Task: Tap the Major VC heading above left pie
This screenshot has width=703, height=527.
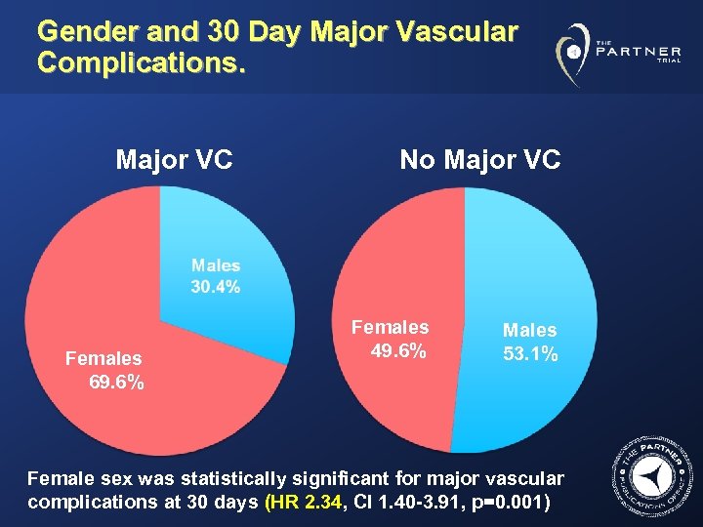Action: pos(174,159)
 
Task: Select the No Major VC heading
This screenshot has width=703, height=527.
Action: pos(479,159)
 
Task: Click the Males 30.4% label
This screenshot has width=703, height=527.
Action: pos(216,275)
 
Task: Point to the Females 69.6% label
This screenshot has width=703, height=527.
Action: pos(104,370)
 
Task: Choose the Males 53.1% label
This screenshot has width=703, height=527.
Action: pos(530,342)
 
